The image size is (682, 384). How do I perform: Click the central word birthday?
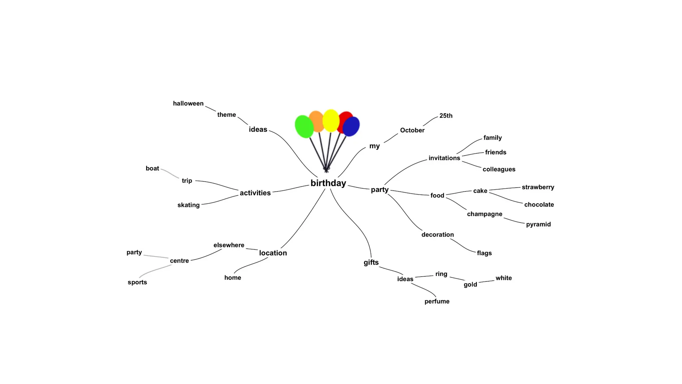tap(328, 183)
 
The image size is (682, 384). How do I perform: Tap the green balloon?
tap(304, 127)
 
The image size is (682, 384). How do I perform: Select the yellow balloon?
tap(331, 120)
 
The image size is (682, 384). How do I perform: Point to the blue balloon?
tap(351, 126)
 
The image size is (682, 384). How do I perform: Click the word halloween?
tap(188, 103)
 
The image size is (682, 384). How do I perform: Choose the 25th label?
tap(446, 116)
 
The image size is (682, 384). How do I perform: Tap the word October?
tap(412, 130)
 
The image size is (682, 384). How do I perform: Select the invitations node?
tap(444, 158)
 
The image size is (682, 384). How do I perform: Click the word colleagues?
tap(499, 169)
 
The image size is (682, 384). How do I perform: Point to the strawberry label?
tap(538, 187)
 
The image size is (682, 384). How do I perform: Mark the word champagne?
tap(485, 214)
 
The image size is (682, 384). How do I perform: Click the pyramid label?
tap(538, 224)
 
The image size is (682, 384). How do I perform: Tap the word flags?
tap(484, 253)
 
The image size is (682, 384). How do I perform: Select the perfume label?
tap(437, 301)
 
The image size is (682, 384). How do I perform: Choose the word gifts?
tap(371, 262)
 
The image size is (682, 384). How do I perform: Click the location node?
tap(273, 253)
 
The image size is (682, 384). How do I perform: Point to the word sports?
tap(137, 282)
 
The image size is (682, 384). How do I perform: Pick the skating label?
tap(188, 205)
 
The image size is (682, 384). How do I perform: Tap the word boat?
tap(152, 168)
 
